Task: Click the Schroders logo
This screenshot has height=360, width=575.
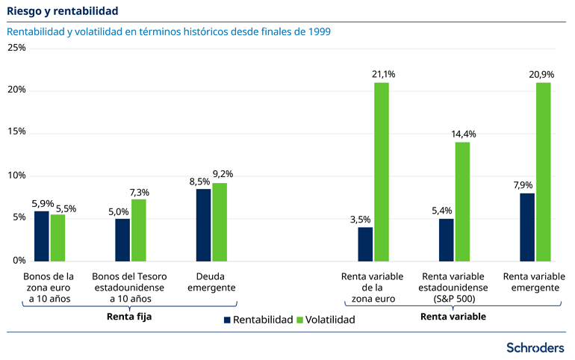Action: [x=535, y=347]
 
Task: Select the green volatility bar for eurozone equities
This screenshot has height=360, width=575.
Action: [x=381, y=171]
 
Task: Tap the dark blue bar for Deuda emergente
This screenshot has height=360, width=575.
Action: [x=203, y=224]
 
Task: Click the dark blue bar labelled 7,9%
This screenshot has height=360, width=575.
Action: [x=527, y=226]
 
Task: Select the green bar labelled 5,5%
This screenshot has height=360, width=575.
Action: [x=57, y=237]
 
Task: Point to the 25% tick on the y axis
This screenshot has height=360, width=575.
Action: [x=16, y=48]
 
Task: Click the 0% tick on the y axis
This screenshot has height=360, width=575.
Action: [x=19, y=261]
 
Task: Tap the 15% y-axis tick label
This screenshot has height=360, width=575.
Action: [x=16, y=132]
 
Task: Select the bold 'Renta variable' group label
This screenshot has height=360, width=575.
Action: [x=453, y=316]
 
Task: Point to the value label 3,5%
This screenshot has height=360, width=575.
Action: [x=361, y=220]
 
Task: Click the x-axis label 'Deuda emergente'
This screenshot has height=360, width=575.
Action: [x=211, y=282]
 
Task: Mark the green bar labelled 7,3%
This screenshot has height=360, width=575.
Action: [x=138, y=229]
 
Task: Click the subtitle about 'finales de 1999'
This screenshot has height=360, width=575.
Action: [x=168, y=32]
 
